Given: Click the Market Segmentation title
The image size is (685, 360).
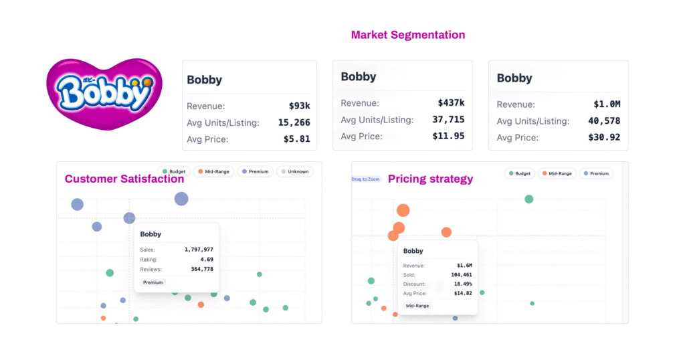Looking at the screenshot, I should tap(408, 35).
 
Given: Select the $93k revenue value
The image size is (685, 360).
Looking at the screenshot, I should tap(298, 106).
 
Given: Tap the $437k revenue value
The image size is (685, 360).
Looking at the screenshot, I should tap(452, 103).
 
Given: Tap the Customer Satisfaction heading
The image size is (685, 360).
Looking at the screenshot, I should tap(124, 179).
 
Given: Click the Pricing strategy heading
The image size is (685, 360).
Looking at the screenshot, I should tap(430, 179).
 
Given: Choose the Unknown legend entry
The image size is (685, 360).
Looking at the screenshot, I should tap(294, 171).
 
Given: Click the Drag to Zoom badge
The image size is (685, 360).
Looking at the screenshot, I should tap(365, 179).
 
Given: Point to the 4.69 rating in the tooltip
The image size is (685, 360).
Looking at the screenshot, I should tap(205, 259).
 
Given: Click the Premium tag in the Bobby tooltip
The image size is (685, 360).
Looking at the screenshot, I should tap(153, 282).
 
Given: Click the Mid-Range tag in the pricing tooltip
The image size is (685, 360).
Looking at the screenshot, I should tap(418, 305).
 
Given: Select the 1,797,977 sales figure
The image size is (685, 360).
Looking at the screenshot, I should tap(199, 249).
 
